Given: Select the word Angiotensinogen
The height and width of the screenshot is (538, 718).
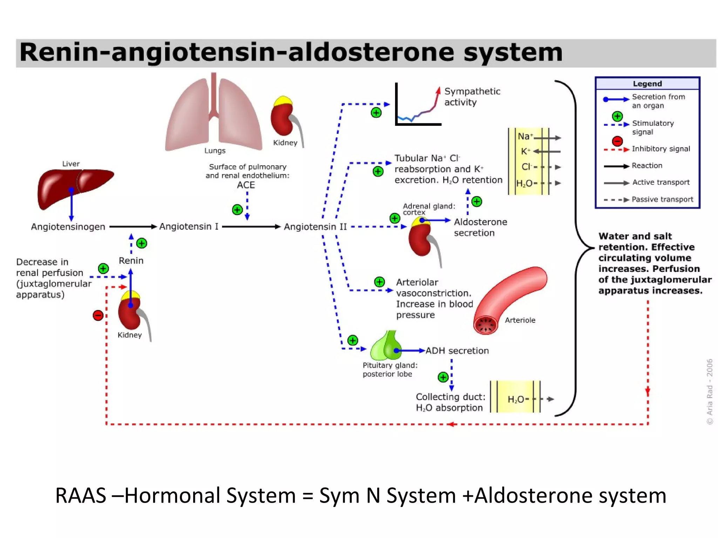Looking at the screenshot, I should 68,227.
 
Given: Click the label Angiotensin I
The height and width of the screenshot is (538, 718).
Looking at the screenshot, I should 189,227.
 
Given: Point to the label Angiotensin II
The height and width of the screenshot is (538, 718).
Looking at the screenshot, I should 315,227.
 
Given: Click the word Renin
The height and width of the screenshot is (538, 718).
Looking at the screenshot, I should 131,261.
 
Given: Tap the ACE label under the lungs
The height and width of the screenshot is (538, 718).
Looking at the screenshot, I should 246,185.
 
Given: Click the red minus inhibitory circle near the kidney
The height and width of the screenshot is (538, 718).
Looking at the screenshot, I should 98,315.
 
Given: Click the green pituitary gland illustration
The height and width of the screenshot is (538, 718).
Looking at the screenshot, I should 386,347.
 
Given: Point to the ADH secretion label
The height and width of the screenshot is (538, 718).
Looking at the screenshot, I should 457,351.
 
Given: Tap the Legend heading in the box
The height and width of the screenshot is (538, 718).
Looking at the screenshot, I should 647,84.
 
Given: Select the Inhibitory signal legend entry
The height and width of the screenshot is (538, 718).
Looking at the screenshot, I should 661,149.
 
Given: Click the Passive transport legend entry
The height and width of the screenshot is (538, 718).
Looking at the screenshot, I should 662,199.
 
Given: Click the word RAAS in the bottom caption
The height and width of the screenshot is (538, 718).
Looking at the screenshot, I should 81,495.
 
